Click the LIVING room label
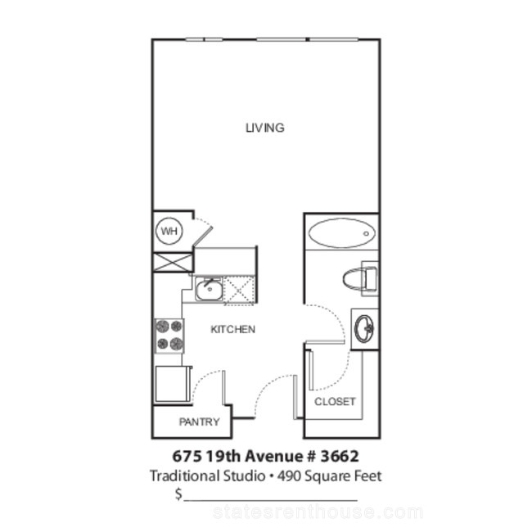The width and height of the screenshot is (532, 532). pos(265,128)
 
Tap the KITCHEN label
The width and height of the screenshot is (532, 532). pos(232,330)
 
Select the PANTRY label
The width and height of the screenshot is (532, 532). pos(200,422)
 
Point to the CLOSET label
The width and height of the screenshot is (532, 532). pos(335,401)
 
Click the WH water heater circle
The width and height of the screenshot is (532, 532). pos(169,232)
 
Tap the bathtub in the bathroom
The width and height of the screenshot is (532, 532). pos(341,232)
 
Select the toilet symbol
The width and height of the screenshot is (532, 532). pos(360,278)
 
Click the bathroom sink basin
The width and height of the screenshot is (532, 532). pos(363,328)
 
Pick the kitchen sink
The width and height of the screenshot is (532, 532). pos(209,289)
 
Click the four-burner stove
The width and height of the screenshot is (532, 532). pos(169,336)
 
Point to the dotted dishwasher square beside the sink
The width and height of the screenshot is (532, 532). pos(239,290)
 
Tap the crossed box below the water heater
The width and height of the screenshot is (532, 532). pos(173,262)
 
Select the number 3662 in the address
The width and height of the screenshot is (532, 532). pos(340,456)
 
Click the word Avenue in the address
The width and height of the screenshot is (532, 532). pos(273,456)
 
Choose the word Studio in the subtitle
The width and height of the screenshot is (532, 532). pos(244,476)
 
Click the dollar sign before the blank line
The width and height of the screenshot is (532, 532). pos(178,494)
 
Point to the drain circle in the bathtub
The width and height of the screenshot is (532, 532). pos(366,233)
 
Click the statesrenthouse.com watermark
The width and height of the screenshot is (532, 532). pos(318,512)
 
